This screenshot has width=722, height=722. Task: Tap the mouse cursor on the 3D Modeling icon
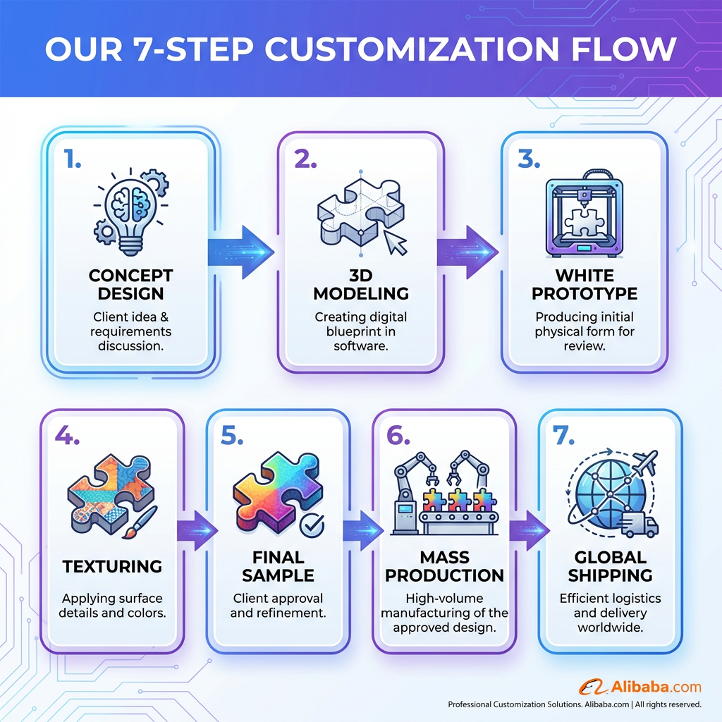396,243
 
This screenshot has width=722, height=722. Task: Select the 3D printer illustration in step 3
585,214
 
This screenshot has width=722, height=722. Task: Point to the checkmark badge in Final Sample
312,525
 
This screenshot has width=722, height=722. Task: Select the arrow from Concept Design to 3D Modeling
241,252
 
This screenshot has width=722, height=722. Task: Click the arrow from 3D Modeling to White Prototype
467,252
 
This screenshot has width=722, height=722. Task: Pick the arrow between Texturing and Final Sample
197,530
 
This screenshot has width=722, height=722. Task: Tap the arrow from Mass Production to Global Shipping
530,530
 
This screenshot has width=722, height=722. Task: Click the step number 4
67,435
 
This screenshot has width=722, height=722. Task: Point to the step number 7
563,435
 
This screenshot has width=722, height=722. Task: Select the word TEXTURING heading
112,566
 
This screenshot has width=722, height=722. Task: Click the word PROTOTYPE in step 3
585,293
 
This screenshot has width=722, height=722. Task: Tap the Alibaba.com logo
640,687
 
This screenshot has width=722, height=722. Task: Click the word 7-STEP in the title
193,49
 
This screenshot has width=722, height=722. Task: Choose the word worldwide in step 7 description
610,628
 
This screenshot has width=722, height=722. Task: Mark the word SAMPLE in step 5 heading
278,575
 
